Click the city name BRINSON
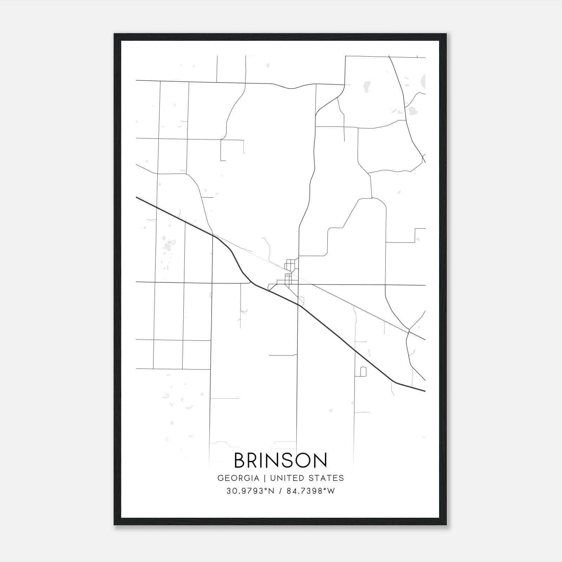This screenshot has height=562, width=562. (280, 460)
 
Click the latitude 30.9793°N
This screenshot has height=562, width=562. (250, 491)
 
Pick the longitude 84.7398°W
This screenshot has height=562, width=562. (311, 491)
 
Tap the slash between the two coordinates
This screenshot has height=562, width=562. (281, 491)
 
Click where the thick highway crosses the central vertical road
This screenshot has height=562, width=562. (298, 305)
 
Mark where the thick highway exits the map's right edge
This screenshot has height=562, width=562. (425, 391)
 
